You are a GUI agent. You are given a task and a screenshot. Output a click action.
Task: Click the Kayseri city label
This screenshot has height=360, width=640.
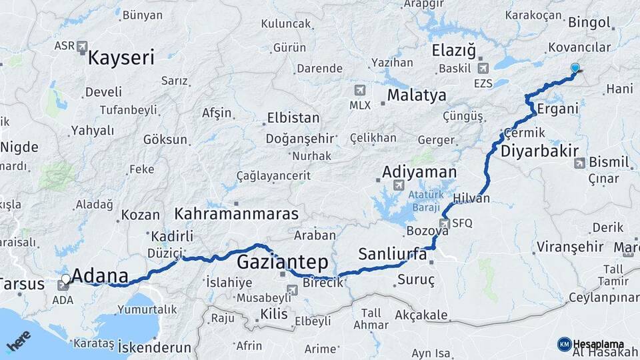[x=121, y=57]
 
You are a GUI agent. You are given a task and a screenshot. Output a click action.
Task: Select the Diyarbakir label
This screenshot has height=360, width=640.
[x=539, y=151]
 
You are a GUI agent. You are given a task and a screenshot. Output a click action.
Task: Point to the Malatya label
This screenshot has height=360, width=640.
[x=417, y=95]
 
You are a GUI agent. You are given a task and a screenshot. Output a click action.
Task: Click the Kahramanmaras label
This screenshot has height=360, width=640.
[x=236, y=214]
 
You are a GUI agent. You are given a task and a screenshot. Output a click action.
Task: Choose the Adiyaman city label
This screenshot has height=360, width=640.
[x=419, y=172]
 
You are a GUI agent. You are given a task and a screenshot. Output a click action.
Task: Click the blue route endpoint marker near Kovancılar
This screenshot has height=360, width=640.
[x=575, y=68]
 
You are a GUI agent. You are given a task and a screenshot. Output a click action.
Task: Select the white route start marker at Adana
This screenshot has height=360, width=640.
[x=65, y=279]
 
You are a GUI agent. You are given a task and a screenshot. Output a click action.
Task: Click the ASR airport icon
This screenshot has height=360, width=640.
[x=82, y=46]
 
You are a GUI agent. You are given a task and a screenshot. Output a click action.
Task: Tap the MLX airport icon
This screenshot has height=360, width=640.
[x=360, y=91]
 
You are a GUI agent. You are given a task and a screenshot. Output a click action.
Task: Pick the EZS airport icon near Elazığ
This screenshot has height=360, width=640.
[x=483, y=68]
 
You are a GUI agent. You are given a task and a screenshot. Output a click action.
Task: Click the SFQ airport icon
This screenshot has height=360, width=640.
[x=445, y=223]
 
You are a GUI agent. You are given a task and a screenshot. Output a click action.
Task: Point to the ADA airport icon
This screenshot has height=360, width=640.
[x=63, y=285]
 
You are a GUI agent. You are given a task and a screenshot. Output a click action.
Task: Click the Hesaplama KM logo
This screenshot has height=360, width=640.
[x=564, y=344]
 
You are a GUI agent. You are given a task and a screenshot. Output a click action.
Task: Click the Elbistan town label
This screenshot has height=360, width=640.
[x=293, y=118]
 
